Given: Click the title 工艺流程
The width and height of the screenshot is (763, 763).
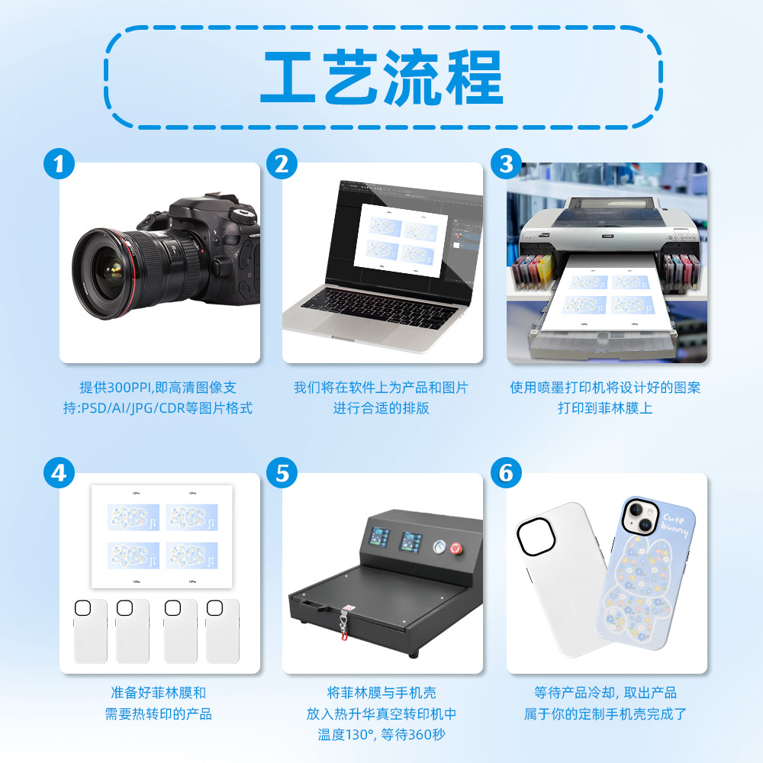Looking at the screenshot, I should coord(381,76).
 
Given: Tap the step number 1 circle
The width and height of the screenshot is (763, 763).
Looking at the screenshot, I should coord(60,164).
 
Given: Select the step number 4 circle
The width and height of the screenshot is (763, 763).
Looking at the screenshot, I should coord(60,474).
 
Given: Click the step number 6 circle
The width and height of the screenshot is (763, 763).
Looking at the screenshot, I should coord(505,474).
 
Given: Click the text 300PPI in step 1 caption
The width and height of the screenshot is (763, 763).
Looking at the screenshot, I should coord(134,388).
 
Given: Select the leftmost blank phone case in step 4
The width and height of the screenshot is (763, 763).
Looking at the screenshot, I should coord(89,631).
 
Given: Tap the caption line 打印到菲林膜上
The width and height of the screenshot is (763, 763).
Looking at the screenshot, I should coord(605,408).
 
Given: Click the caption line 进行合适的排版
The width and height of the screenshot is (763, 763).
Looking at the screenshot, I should coord(381,408).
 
